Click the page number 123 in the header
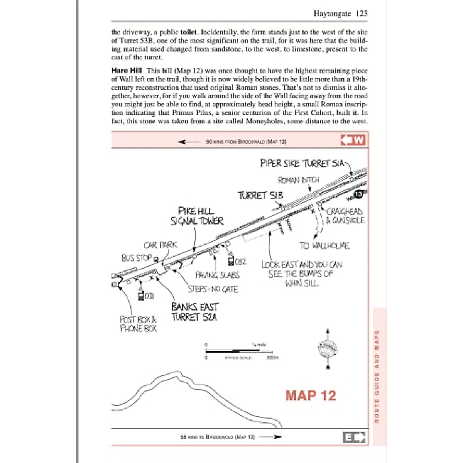pos(362,14)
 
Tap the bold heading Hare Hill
pos(126,71)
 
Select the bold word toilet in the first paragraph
pos(188,32)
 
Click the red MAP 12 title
pos(311,395)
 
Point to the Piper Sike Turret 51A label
pos(302,163)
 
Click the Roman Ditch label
pos(299,180)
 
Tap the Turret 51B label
pos(260,196)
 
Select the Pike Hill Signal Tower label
pos(197,216)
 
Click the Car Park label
pos(161,245)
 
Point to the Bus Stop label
pos(137,258)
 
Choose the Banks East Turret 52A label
pos(195,312)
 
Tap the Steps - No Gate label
pos(213,289)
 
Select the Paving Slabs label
pos(217,275)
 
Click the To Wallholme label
pos(324,246)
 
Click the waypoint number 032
pos(240,262)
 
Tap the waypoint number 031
pos(149,296)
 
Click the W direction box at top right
pos(353,140)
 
